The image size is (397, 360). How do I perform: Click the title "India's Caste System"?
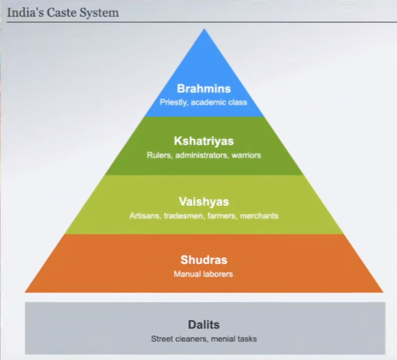tap(63, 11)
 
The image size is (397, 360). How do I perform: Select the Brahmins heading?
tap(204, 89)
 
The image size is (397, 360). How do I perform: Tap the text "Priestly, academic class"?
tap(204, 102)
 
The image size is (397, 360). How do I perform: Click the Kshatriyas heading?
tap(204, 142)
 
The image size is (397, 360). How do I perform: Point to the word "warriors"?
tap(245, 155)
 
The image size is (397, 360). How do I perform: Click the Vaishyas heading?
tap(204, 201)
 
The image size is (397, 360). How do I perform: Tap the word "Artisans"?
tap(144, 215)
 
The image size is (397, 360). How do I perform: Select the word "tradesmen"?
tap(181, 215)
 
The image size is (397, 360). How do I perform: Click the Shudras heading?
tap(204, 260)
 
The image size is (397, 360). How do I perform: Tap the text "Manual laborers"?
tap(204, 274)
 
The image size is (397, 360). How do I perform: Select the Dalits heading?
tap(204, 324)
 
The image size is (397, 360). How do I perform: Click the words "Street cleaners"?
tap(179, 339)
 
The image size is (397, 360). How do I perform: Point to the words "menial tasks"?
tap(234, 339)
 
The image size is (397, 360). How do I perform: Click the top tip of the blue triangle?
tap(204, 30)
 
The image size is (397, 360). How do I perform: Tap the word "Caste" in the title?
tap(57, 11)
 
